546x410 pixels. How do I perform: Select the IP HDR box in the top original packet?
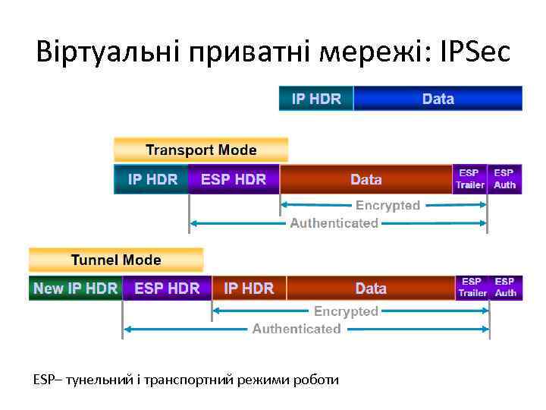[315, 99]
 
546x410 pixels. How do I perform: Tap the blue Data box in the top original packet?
[438, 99]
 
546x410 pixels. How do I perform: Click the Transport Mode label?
[201, 150]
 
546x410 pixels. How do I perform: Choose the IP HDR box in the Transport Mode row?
[152, 180]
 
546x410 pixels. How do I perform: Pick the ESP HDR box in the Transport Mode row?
[234, 180]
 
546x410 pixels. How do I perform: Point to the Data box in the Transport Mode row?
[366, 180]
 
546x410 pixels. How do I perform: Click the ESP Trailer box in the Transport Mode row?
[469, 179]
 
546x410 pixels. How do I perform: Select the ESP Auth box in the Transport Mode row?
[504, 179]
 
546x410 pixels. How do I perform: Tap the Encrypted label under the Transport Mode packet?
[388, 206]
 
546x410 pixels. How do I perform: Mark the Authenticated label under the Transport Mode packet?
[334, 223]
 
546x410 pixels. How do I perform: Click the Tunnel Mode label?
[116, 260]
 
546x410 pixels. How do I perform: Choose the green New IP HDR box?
[75, 289]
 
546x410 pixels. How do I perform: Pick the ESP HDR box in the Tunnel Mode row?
[167, 289]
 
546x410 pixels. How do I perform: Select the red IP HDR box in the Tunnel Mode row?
[249, 289]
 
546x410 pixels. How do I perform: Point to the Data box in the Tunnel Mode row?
[371, 289]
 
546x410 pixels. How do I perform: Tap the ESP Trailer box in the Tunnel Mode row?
[472, 288]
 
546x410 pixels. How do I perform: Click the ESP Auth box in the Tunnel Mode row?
[506, 288]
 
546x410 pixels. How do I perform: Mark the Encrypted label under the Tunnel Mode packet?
[346, 311]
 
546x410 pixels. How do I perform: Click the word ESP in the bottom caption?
[42, 379]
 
